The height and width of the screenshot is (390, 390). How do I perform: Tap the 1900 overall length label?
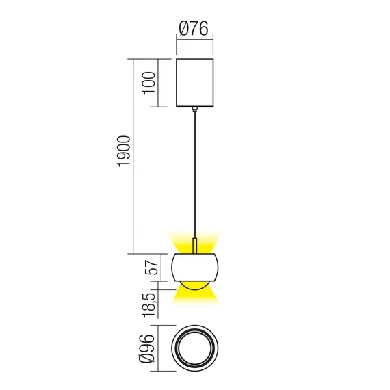click(x=124, y=157)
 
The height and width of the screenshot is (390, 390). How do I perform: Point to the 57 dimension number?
click(x=152, y=265)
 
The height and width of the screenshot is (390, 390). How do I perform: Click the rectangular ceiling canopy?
click(x=195, y=83)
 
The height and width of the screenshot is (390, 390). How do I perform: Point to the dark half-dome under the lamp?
click(x=195, y=284)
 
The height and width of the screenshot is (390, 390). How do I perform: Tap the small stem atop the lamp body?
click(x=196, y=246)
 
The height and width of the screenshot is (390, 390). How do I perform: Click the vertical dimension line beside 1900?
click(x=133, y=157)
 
